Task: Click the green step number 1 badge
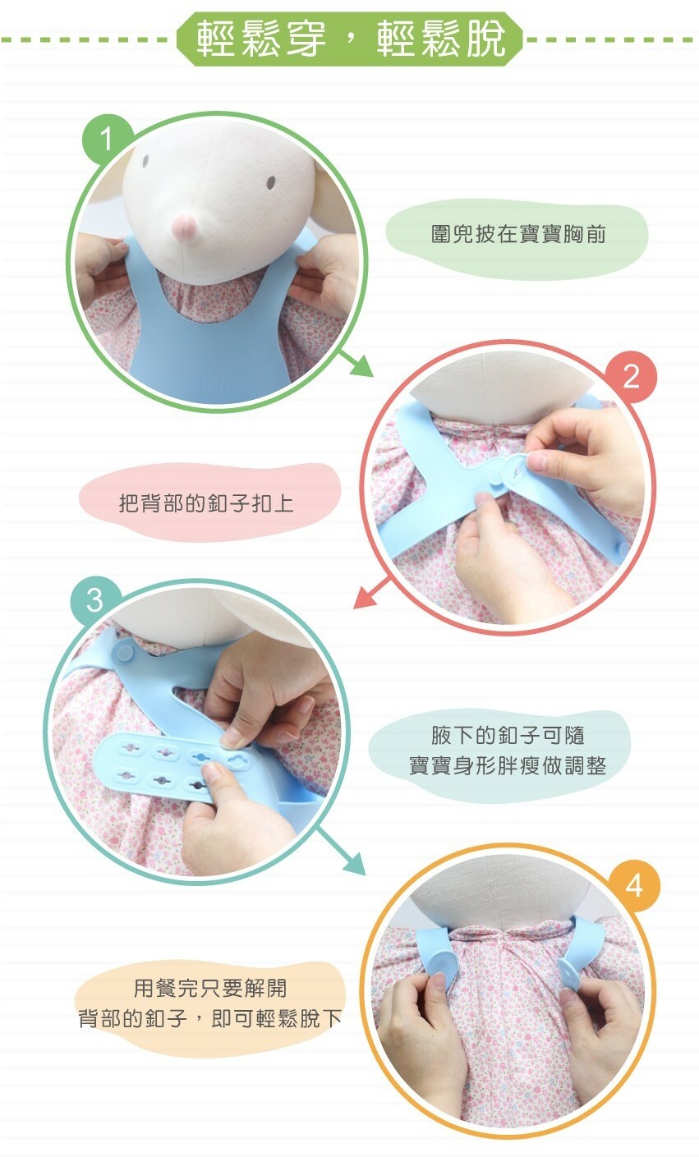pos(108,139)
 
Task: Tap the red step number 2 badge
pos(631,377)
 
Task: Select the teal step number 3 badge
pos(95,601)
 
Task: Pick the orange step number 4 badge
pos(634,885)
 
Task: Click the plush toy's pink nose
pos(184,227)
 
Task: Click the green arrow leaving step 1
pos(356,363)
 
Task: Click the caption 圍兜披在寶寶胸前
pos(517,234)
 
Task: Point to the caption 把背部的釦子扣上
pos(206,503)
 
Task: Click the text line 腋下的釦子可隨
pos(508,734)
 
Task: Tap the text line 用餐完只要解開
pos(210,988)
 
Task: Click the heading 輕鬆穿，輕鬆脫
pos(350,39)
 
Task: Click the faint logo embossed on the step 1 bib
pos(209,384)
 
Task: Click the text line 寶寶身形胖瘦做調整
pos(508,765)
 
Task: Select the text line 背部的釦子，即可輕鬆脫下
pos(210,1018)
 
